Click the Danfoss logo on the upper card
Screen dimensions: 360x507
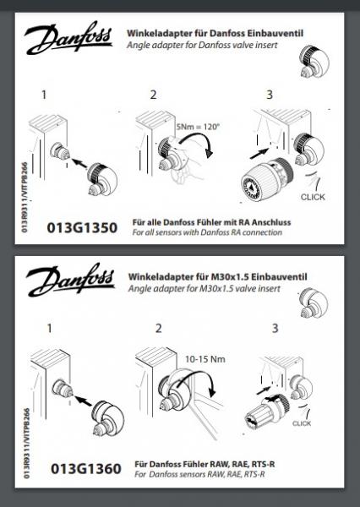pyautogui.click(x=68, y=38)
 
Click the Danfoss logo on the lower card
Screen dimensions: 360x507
pyautogui.click(x=70, y=280)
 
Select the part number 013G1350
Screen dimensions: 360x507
pyautogui.click(x=82, y=228)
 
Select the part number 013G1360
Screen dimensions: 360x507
pyautogui.click(x=86, y=469)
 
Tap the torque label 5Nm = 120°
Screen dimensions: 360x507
pyautogui.click(x=198, y=127)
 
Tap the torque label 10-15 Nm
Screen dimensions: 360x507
pyautogui.click(x=205, y=359)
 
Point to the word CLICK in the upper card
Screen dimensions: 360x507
pyautogui.click(x=313, y=197)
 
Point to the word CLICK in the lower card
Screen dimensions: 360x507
pyautogui.click(x=302, y=423)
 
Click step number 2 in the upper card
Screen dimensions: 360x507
pyautogui.click(x=153, y=95)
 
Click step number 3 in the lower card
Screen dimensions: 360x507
pyautogui.click(x=275, y=328)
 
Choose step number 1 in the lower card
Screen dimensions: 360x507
pyautogui.click(x=49, y=328)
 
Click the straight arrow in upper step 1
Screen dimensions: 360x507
pyautogui.click(x=79, y=163)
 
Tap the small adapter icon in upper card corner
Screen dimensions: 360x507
pyautogui.click(x=313, y=62)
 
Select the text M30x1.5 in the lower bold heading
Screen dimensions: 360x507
pyautogui.click(x=230, y=277)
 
